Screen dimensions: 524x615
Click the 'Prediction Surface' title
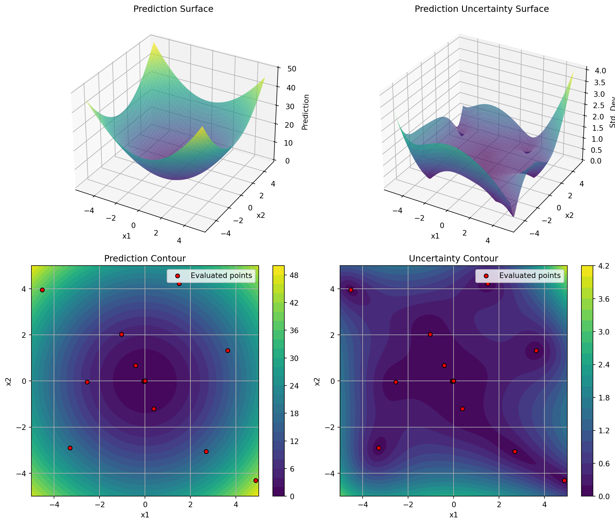[x=173, y=9]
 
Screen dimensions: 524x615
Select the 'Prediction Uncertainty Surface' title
[x=481, y=9]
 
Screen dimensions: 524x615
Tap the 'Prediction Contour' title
[x=145, y=258]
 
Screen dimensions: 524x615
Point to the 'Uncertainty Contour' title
[x=453, y=258]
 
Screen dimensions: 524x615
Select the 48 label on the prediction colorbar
[x=294, y=276]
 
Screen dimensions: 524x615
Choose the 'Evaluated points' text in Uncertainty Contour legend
[x=530, y=275]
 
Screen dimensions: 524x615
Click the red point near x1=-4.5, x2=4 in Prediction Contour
[x=42, y=290]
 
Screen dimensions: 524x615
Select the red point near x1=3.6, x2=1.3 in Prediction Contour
[x=228, y=351]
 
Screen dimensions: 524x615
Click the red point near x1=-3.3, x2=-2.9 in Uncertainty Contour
[x=378, y=448]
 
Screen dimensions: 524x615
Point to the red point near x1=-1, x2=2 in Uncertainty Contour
[x=430, y=334]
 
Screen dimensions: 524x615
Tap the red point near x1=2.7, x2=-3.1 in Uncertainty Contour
[x=515, y=451]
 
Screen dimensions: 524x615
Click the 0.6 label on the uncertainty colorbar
[x=603, y=464]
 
